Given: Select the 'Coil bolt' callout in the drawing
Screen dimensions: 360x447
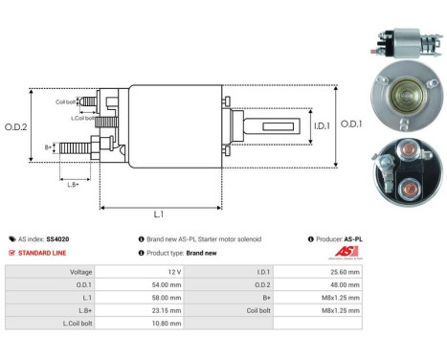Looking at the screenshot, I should coord(65,100).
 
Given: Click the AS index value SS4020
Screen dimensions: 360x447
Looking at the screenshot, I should coord(59,239).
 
